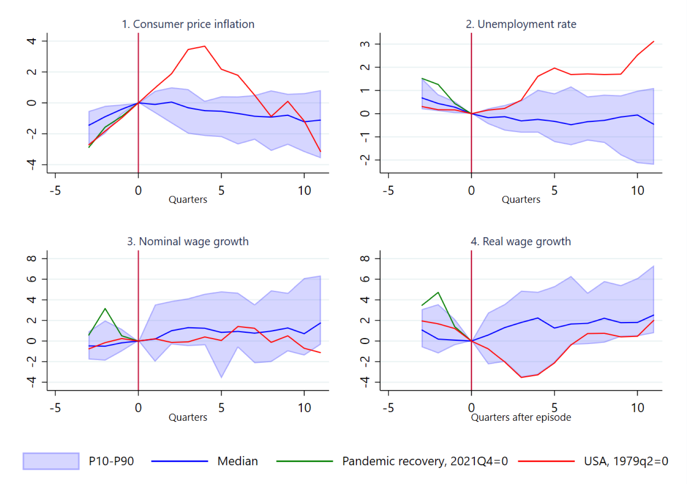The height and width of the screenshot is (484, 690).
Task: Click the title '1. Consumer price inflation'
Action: [x=188, y=24]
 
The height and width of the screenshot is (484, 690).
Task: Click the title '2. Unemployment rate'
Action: [x=521, y=24]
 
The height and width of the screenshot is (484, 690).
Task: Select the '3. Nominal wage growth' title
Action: [x=188, y=242]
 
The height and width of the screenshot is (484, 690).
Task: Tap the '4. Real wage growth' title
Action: [x=521, y=242]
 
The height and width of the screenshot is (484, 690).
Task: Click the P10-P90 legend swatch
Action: [x=51, y=461]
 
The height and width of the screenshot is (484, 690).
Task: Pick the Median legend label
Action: [x=237, y=461]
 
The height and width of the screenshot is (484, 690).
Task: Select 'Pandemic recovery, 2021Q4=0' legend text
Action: [x=425, y=461]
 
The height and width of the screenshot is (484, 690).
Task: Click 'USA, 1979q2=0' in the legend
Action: [x=626, y=461]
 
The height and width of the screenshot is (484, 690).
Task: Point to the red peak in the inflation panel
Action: [x=205, y=46]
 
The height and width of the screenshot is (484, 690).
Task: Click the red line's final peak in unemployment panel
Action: [x=653, y=41]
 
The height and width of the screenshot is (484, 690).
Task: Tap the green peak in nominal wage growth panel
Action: [x=105, y=309]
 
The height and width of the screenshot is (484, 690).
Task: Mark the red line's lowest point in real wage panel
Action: [x=521, y=377]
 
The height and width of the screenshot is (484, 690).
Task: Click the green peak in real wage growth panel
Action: [x=439, y=292]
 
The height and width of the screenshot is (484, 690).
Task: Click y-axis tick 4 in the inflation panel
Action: [x=31, y=41]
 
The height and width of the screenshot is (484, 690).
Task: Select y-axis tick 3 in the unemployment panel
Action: [x=365, y=44]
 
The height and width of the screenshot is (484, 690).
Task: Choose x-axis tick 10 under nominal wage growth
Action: [x=304, y=408]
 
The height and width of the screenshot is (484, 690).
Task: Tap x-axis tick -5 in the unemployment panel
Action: [x=388, y=191]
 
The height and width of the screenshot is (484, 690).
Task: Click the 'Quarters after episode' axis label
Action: [x=521, y=417]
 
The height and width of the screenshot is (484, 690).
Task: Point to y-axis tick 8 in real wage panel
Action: [x=365, y=258]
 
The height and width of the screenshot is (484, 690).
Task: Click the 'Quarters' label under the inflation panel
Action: [x=188, y=200]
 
